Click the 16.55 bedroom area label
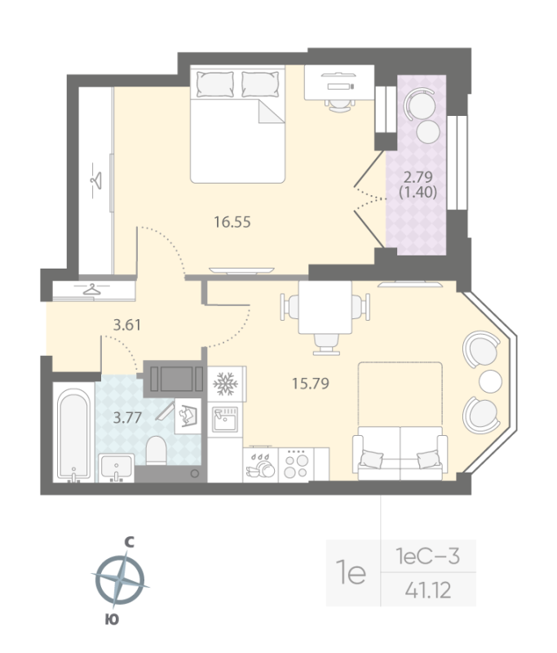tap(231, 220)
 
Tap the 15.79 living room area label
tap(310, 382)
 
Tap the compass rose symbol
tap(120, 581)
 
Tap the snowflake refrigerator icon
tap(223, 384)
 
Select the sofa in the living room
tap(399, 455)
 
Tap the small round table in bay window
tap(491, 380)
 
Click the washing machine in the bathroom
tap(189, 416)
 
